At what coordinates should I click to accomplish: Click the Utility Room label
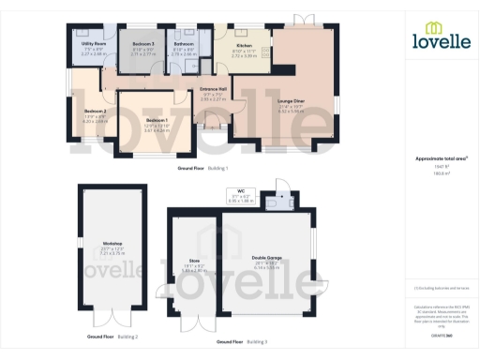[92, 44]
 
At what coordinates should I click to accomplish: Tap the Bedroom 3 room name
[142, 44]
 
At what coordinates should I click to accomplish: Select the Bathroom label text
[184, 44]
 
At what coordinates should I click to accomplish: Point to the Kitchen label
[243, 44]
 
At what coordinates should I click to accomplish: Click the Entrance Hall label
[208, 88]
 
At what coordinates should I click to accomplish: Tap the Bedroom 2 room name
[96, 112]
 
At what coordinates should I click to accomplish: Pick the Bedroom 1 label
[157, 121]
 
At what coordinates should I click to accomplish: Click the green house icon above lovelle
[434, 28]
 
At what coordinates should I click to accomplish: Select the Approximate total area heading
[435, 158]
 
